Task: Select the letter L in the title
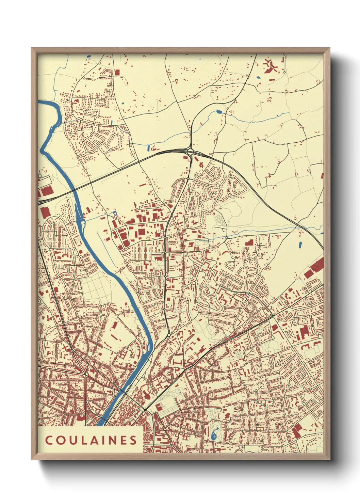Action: tap(79, 440)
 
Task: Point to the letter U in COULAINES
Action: tap(69, 440)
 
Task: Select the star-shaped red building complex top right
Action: tap(271, 66)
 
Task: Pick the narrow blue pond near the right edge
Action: tap(300, 244)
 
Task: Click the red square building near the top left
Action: tap(117, 72)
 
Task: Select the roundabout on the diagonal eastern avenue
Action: tap(273, 317)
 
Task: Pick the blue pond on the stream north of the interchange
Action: tap(219, 111)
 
